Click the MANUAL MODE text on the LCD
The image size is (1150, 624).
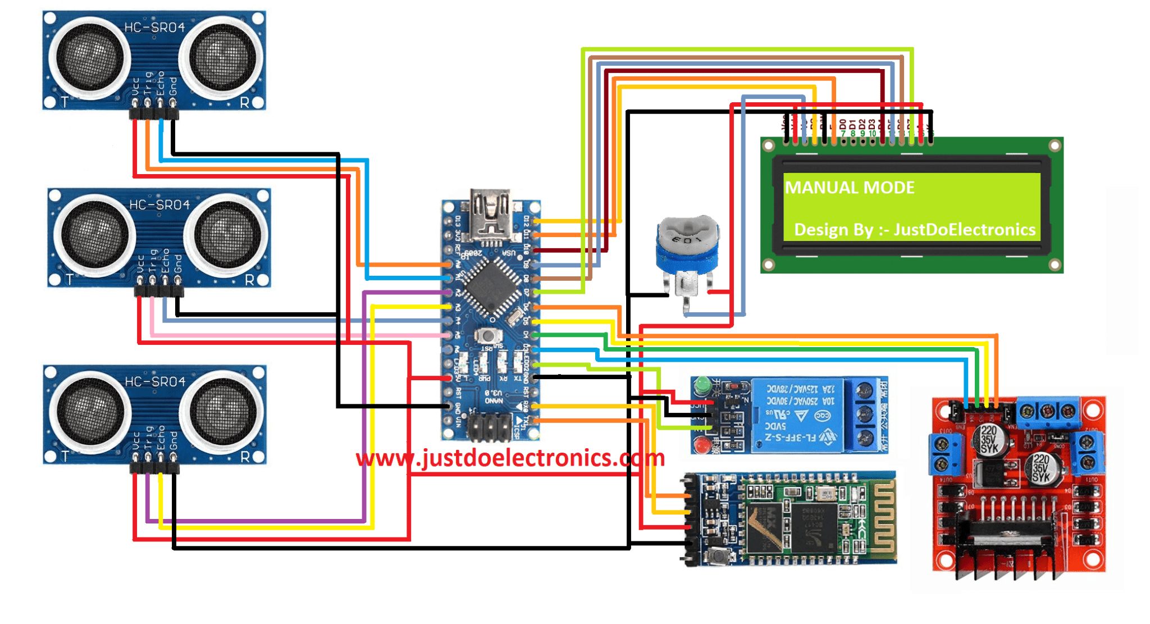[849, 188]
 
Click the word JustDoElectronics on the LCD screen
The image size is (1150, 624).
[964, 230]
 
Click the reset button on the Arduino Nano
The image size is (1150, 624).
[488, 335]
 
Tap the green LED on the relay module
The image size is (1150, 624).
[701, 386]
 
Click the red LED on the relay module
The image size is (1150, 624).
[701, 445]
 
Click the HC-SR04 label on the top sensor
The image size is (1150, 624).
[154, 27]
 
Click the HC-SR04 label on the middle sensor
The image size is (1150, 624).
[159, 204]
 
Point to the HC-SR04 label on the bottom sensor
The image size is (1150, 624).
[155, 381]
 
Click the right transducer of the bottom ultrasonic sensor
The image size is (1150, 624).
[221, 412]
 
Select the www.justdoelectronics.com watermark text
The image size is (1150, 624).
[510, 458]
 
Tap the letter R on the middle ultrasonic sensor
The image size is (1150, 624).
[250, 280]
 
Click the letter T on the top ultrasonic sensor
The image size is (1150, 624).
[65, 102]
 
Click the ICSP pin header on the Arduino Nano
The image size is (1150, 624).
[490, 427]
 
